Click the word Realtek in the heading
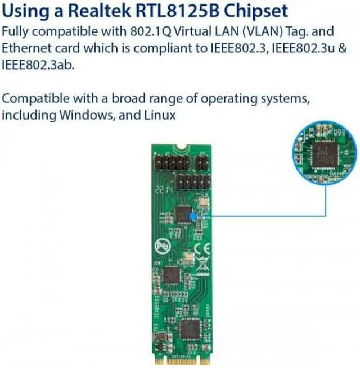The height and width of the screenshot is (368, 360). tap(94, 10)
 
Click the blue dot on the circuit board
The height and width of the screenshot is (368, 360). tap(193, 215)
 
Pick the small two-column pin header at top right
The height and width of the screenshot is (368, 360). tap(201, 164)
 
